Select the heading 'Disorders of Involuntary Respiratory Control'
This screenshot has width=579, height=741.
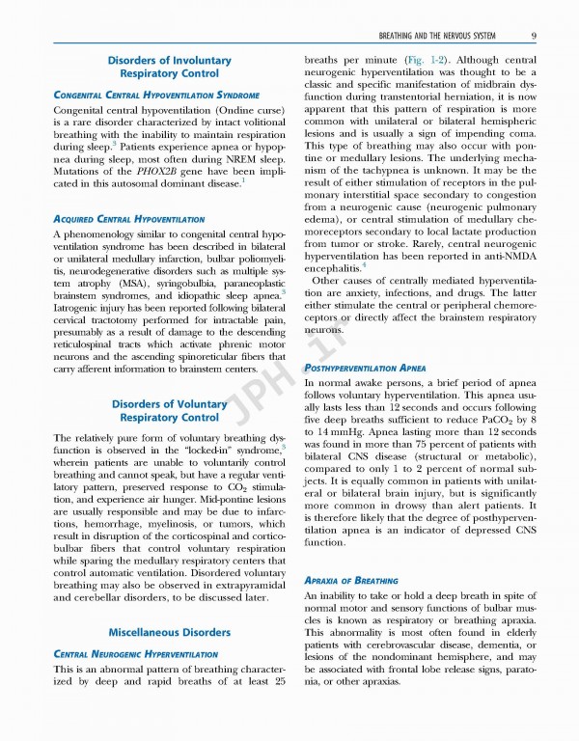coord(169,67)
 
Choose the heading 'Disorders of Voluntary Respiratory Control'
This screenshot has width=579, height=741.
coord(169,411)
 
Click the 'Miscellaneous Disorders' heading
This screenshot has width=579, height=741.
coord(169,633)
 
